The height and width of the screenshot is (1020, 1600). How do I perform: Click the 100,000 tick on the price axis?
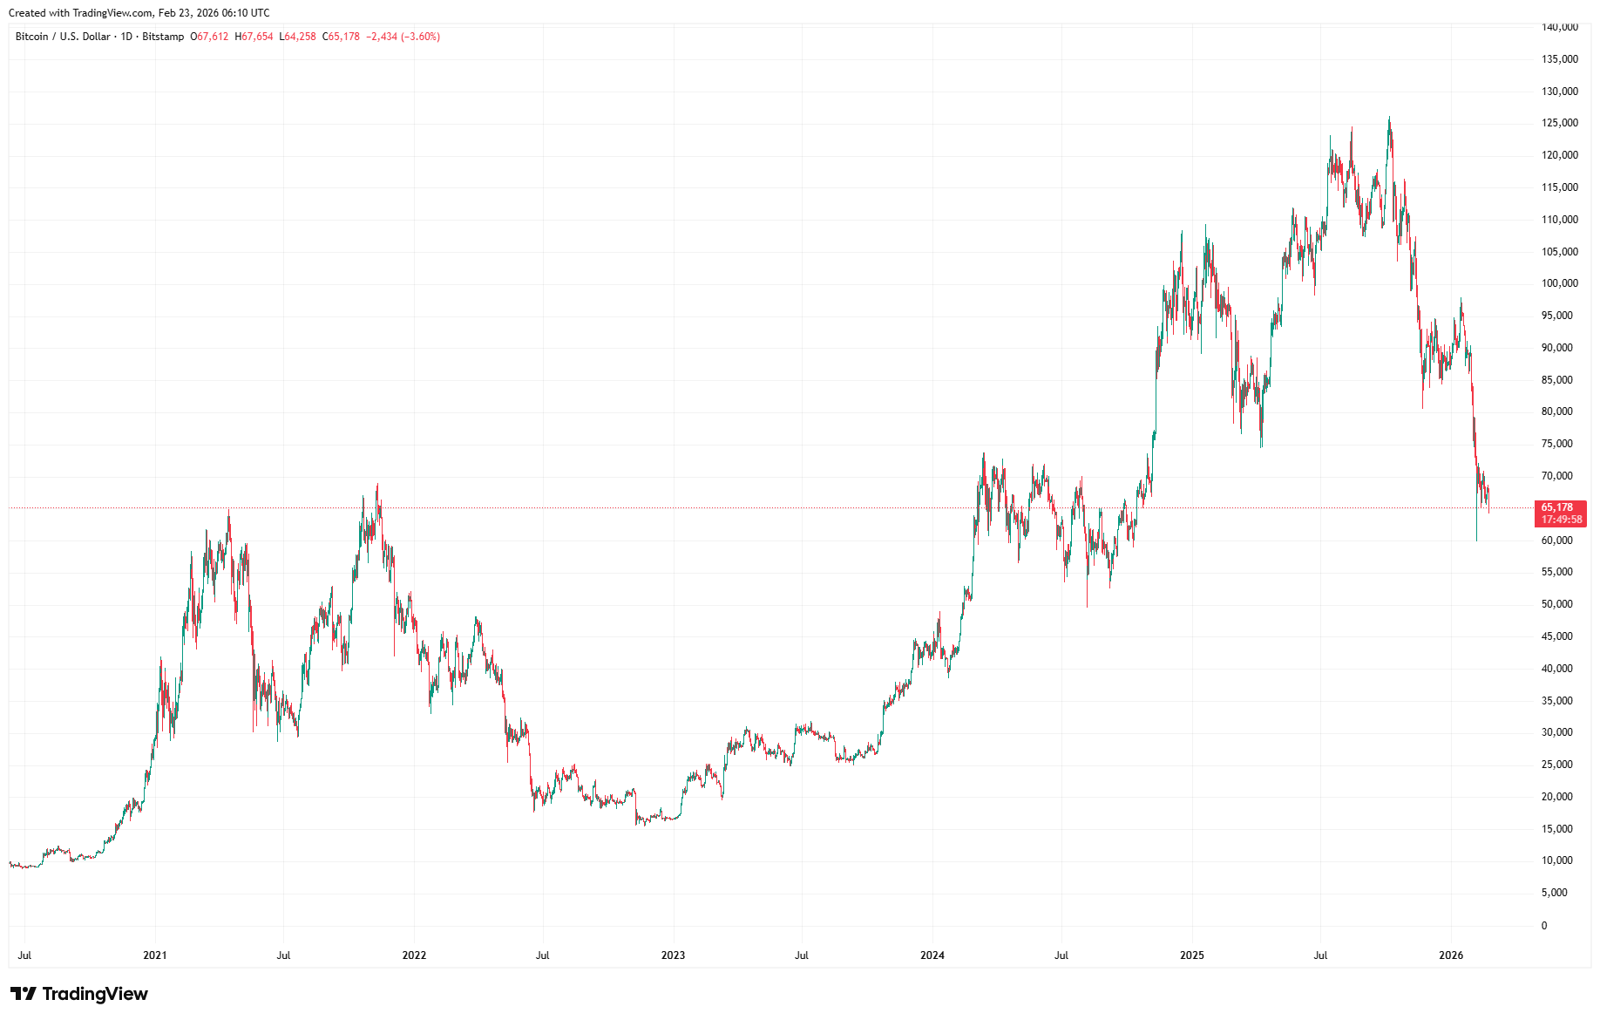click(x=1559, y=283)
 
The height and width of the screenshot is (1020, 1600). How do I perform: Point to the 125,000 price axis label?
click(x=1559, y=123)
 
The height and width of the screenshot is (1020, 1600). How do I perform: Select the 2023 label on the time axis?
click(x=673, y=955)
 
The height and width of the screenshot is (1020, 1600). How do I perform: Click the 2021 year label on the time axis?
click(x=154, y=955)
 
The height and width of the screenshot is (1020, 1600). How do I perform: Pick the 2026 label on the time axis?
click(x=1451, y=955)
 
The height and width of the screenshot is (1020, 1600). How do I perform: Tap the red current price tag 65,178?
click(x=1557, y=507)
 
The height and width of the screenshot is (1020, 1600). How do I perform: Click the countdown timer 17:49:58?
click(x=1561, y=520)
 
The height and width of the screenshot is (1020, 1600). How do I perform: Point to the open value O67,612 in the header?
click(x=210, y=37)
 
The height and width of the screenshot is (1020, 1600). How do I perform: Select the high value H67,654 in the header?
click(x=254, y=37)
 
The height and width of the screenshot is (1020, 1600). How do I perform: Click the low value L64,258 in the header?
click(x=298, y=37)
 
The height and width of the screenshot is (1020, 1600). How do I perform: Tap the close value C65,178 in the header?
click(x=342, y=37)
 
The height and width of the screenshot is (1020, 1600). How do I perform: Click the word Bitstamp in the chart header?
click(x=163, y=37)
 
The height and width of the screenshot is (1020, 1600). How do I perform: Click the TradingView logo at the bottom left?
click(x=79, y=994)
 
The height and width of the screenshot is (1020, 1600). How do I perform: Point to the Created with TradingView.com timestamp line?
click(x=139, y=13)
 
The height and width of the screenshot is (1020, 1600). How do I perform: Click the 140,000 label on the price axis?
click(x=1559, y=27)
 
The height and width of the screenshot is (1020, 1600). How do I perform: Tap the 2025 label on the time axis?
click(x=1191, y=955)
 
